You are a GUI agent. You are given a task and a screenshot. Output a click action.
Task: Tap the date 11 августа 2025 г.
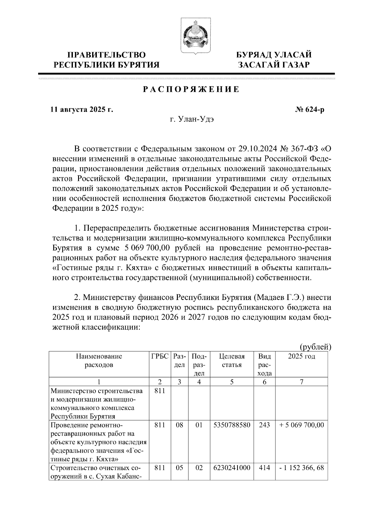(82, 110)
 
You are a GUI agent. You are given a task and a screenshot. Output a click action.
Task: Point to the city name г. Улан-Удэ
(192, 119)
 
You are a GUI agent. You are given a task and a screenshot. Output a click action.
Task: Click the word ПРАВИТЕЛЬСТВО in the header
(106, 55)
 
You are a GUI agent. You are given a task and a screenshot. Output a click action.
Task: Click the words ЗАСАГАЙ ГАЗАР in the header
(274, 65)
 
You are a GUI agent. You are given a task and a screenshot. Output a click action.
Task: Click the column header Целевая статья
(232, 360)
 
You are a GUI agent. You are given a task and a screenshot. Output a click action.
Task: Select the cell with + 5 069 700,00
(301, 425)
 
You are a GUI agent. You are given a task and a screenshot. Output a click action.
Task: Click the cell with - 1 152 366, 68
(301, 468)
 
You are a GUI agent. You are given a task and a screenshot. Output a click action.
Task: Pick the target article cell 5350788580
(232, 425)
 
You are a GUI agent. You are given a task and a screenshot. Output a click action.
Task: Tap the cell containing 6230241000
(232, 468)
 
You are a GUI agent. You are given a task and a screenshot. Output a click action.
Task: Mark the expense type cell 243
(264, 425)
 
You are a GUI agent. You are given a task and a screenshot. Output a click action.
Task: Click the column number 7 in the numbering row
(301, 382)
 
